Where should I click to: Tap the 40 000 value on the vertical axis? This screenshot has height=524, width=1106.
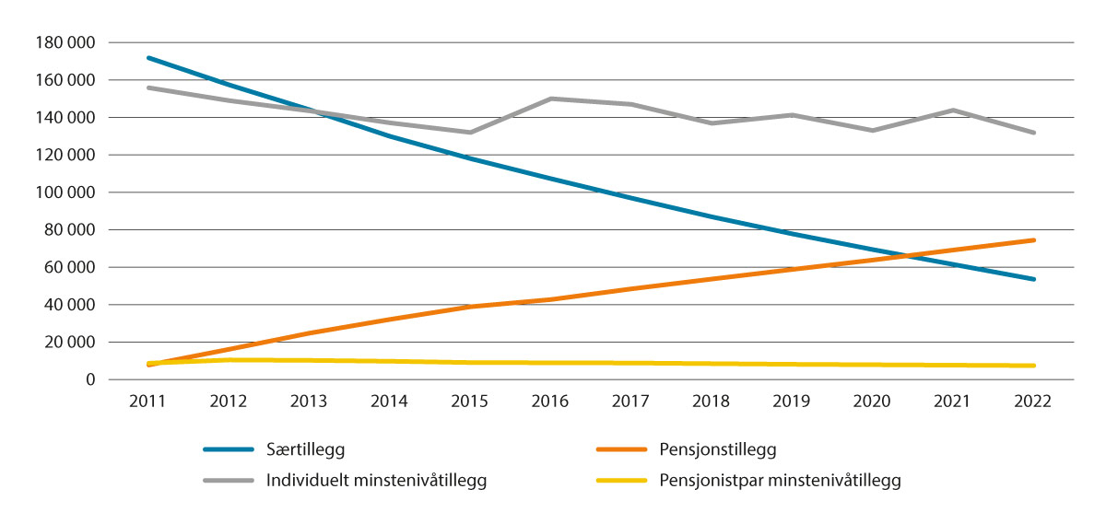tap(74, 305)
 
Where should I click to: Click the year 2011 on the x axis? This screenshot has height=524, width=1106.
tap(148, 402)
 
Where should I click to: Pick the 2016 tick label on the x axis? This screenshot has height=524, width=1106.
tap(551, 402)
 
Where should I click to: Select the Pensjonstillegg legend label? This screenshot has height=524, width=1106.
tap(718, 450)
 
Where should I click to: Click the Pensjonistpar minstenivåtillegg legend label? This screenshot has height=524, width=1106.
tap(780, 480)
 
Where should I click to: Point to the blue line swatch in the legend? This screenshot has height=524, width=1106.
tap(228, 450)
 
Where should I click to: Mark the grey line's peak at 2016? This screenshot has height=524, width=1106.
tap(551, 99)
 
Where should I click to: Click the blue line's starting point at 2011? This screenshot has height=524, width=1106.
tap(148, 57)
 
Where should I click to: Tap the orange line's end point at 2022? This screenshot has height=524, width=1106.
tap(1034, 240)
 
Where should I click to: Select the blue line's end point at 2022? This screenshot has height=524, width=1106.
tap(1034, 279)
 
